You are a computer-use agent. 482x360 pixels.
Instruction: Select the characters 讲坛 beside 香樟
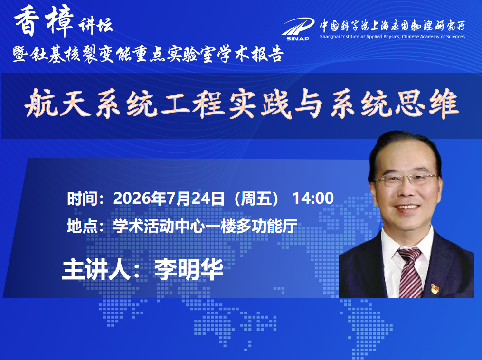pos(95,25)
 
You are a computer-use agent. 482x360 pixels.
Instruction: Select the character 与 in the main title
pos(309,104)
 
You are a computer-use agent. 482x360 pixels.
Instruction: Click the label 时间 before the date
pos(82,199)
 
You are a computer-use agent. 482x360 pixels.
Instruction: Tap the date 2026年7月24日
pos(169,199)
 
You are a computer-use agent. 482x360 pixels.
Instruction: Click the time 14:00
pos(313,199)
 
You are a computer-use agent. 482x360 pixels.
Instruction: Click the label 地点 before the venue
pos(82,226)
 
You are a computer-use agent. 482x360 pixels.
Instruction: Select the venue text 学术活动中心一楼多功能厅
pos(205,226)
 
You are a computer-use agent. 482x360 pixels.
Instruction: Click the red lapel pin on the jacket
pos(435,289)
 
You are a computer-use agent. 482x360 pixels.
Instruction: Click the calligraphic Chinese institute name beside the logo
pos(392,26)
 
